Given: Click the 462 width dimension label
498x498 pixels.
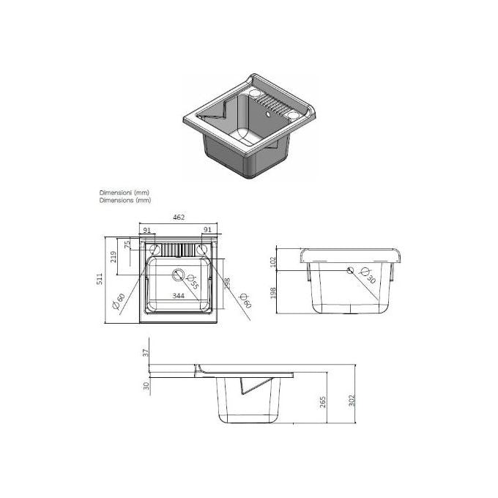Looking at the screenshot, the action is click(179, 218).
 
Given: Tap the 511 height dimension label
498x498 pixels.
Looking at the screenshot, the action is click(100, 279).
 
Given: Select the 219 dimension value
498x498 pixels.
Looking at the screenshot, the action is click(114, 256).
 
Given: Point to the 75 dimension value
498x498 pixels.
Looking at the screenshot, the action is click(127, 245).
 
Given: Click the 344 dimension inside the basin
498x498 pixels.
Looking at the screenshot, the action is click(178, 296).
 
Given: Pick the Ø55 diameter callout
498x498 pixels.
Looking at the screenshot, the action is click(193, 282).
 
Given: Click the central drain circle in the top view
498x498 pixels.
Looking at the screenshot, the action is click(178, 275).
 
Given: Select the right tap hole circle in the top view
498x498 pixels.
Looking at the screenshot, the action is click(201, 250).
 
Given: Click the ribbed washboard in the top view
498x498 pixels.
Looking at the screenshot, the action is click(178, 250).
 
